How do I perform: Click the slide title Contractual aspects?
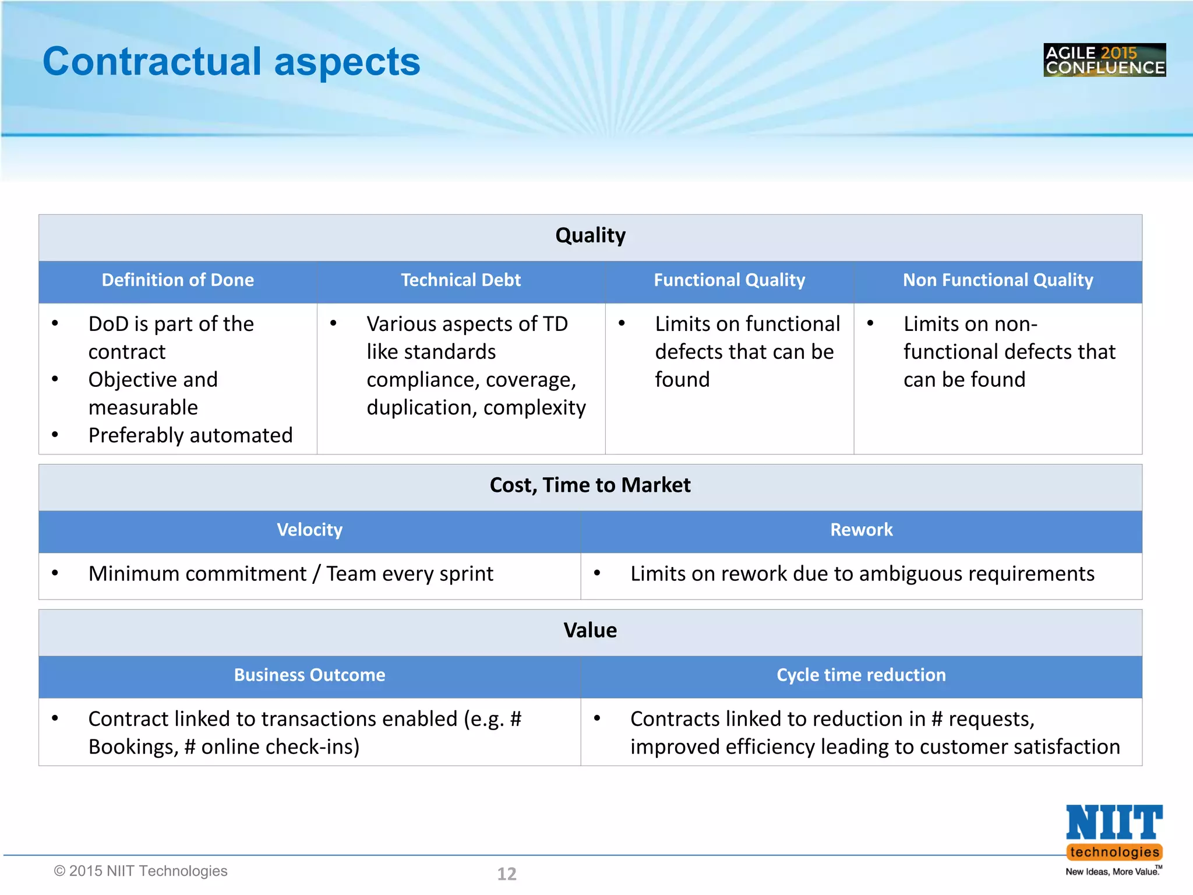click(231, 62)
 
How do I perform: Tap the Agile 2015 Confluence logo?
click(1104, 60)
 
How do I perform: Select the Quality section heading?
click(590, 235)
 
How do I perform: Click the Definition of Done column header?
click(178, 280)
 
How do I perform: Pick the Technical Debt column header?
click(460, 280)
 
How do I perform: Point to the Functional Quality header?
click(729, 280)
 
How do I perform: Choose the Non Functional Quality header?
click(997, 280)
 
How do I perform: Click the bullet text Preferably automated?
click(190, 435)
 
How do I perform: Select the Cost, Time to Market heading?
click(590, 485)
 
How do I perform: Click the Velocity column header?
click(309, 530)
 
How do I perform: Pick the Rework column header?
click(861, 530)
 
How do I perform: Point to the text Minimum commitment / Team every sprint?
click(291, 574)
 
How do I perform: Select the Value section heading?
click(590, 630)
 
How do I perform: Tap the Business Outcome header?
click(309, 675)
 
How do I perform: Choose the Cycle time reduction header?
click(861, 675)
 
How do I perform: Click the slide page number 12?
click(506, 873)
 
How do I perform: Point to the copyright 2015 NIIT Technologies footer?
click(140, 871)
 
